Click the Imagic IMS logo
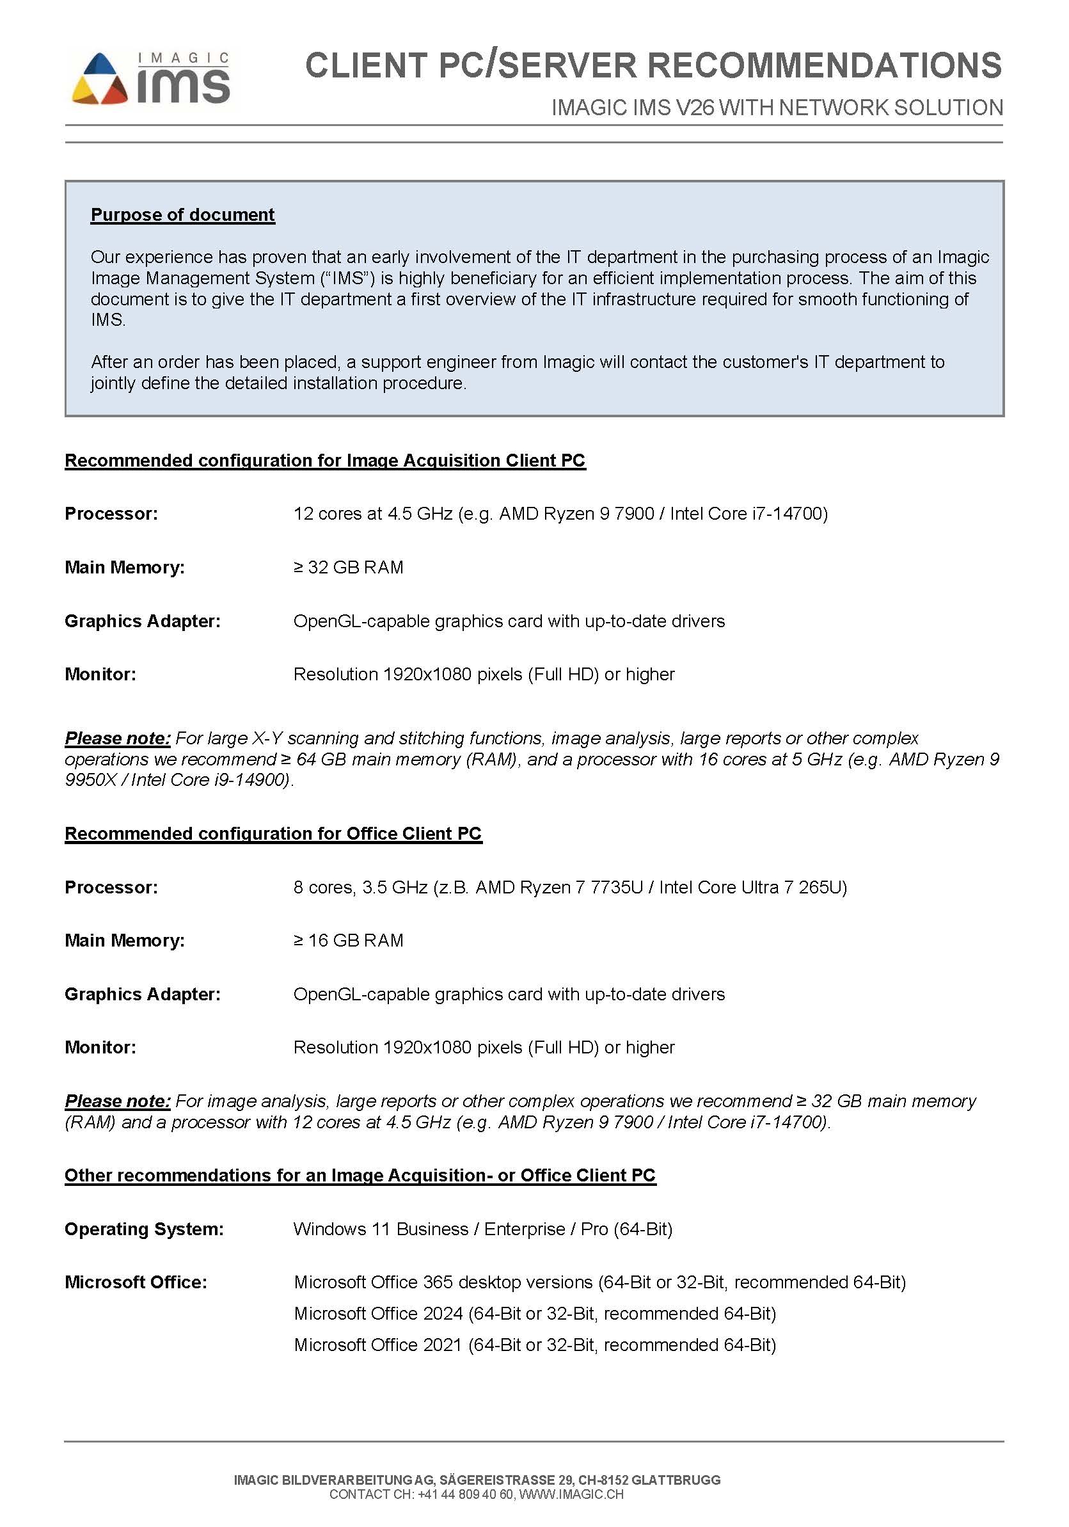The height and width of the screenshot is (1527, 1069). [151, 79]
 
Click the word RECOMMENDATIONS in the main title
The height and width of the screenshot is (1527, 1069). [824, 65]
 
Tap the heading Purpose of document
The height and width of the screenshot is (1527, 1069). [183, 215]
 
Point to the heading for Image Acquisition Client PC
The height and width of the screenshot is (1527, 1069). [324, 460]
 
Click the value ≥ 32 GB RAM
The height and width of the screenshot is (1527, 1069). [349, 567]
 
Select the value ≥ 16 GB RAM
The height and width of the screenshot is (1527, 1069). [349, 940]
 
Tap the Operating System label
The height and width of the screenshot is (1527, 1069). [143, 1229]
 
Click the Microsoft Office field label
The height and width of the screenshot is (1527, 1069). [136, 1283]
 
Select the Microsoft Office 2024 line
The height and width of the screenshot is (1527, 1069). [535, 1313]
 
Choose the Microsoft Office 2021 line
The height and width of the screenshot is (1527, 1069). [535, 1345]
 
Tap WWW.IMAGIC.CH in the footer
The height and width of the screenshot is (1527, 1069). [571, 1494]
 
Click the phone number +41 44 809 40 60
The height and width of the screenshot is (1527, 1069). [465, 1494]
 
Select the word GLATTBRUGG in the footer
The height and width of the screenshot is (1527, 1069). [676, 1480]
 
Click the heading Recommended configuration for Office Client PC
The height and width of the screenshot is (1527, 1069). [273, 833]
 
